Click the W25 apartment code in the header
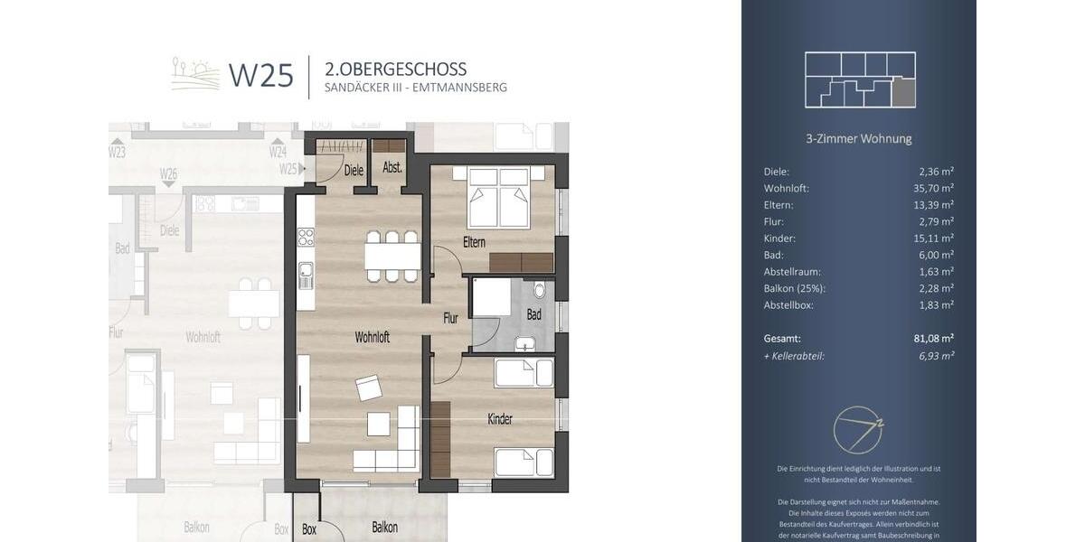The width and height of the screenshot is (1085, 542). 260,75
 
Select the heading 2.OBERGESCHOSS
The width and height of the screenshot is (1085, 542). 395,69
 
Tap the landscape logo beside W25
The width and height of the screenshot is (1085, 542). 195,74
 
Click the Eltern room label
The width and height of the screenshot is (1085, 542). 474,242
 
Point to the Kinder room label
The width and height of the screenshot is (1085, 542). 499,419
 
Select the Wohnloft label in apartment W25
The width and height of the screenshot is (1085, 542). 372,337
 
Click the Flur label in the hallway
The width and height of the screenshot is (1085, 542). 450,318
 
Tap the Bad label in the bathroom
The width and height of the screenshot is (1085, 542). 533,314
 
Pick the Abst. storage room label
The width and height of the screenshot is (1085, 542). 392,168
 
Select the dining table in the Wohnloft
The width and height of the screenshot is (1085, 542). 392,257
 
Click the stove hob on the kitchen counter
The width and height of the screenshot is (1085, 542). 306,237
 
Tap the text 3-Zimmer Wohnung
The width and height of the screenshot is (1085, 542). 858,139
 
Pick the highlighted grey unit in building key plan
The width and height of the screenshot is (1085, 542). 903,92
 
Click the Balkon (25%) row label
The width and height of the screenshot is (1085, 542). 795,288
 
